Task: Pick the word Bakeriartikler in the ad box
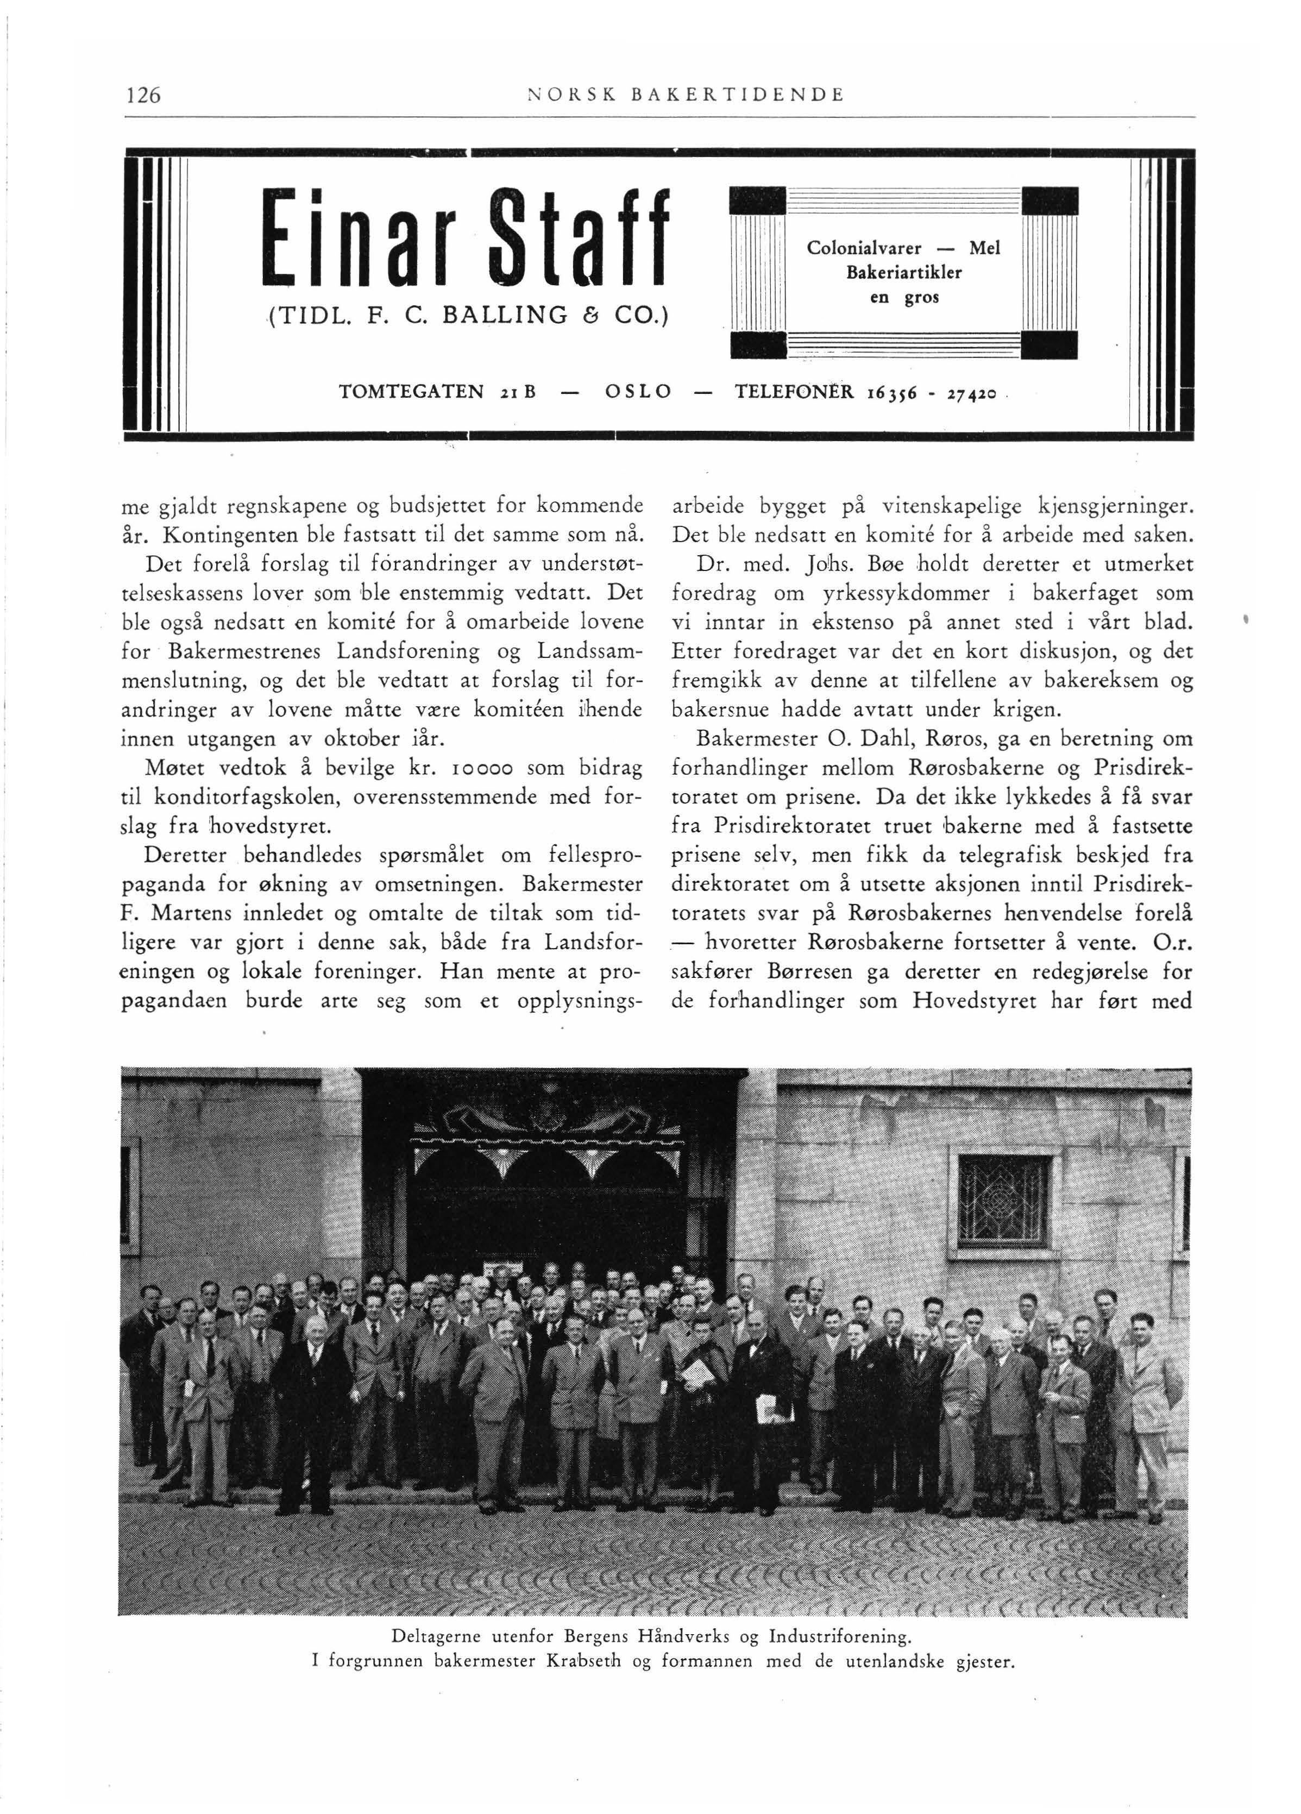point(903,273)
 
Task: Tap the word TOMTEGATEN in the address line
point(412,391)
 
